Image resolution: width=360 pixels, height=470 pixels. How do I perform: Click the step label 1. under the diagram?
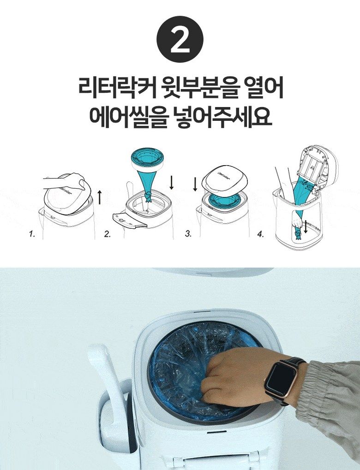click(x=31, y=234)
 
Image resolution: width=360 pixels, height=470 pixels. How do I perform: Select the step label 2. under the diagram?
click(x=107, y=234)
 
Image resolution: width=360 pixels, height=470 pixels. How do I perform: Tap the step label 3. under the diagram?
click(x=188, y=234)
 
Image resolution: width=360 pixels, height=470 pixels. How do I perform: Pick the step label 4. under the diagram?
click(x=261, y=234)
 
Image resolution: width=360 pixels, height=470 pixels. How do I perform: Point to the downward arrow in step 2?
click(x=172, y=183)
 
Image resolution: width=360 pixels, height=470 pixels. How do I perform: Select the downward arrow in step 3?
click(x=195, y=184)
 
